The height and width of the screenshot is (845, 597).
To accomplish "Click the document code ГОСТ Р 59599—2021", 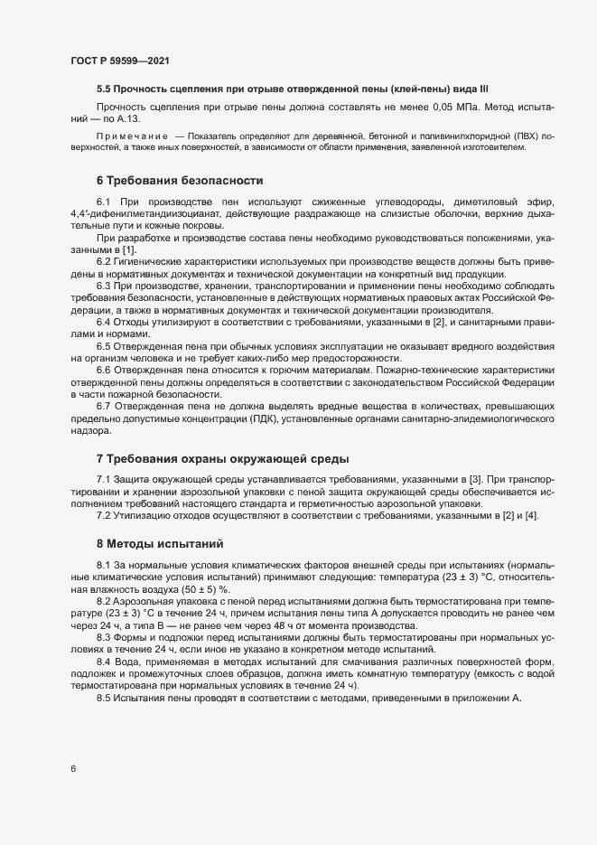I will pyautogui.click(x=120, y=61).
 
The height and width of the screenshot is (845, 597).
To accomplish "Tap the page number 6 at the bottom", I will pyautogui.click(x=73, y=769).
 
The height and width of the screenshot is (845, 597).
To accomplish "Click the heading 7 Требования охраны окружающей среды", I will pyautogui.click(x=222, y=458).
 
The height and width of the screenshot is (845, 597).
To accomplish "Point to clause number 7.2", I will pyautogui.click(x=104, y=515).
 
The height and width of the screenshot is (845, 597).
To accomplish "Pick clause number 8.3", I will pyautogui.click(x=104, y=637).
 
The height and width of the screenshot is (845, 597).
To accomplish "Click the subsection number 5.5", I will pyautogui.click(x=104, y=89).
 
